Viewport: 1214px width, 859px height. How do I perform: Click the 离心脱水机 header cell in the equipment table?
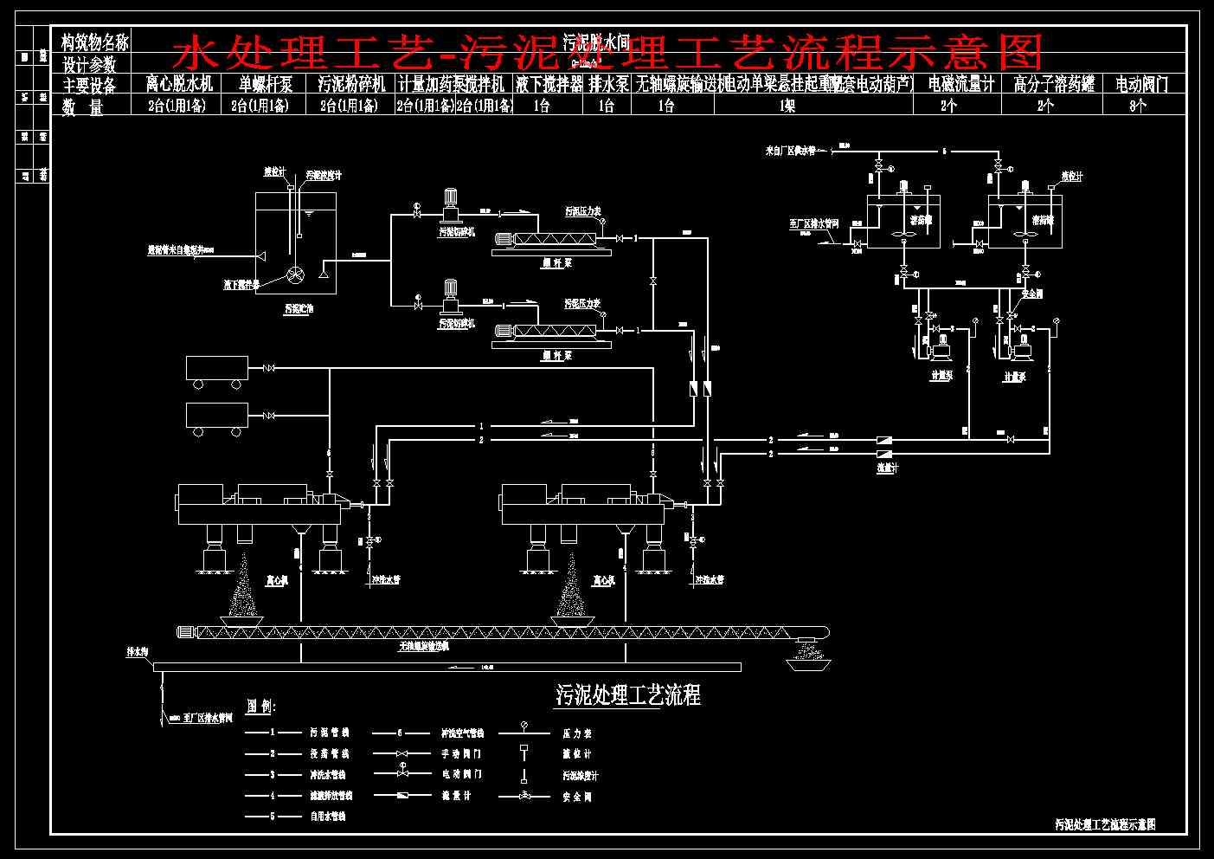click(x=179, y=85)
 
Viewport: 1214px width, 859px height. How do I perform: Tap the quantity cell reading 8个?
click(x=1138, y=106)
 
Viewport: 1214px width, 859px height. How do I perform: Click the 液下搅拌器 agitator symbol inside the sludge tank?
click(x=296, y=274)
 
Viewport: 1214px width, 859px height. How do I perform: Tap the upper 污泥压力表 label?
click(x=582, y=210)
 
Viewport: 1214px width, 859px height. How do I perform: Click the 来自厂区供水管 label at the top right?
click(x=790, y=151)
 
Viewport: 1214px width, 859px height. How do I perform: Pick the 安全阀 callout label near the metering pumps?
click(x=1032, y=294)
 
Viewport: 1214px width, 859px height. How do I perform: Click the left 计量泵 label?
click(x=941, y=377)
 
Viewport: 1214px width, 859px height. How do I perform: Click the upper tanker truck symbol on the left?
click(x=216, y=369)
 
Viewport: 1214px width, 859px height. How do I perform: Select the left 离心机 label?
click(x=277, y=580)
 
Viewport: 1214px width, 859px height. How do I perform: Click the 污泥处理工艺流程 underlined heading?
click(x=627, y=694)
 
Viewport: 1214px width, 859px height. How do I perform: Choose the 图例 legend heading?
click(x=260, y=707)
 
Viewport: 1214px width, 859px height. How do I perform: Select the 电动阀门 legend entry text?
click(x=461, y=774)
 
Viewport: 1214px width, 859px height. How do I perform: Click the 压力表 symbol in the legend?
click(x=523, y=728)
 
